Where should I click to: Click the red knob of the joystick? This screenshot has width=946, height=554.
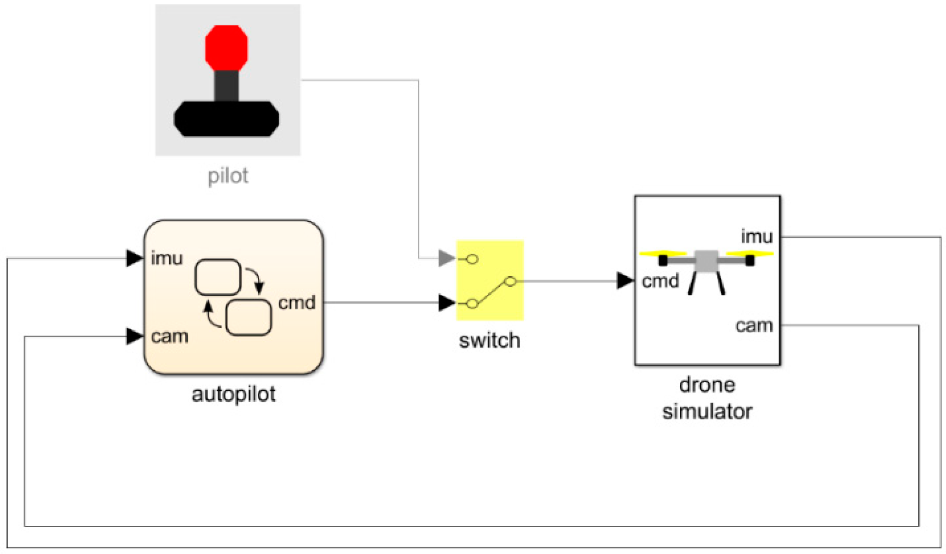pyautogui.click(x=226, y=48)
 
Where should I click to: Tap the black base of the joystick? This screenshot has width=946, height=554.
pyautogui.click(x=226, y=119)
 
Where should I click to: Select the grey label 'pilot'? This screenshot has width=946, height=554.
pyautogui.click(x=228, y=176)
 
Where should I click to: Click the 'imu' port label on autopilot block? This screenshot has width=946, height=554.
pyautogui.click(x=167, y=258)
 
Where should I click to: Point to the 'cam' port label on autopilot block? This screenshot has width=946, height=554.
pyautogui.click(x=169, y=336)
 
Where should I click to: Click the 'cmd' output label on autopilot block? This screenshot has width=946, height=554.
pyautogui.click(x=297, y=303)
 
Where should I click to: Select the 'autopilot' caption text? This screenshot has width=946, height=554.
pyautogui.click(x=233, y=393)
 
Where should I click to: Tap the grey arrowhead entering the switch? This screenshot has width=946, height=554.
pyautogui.click(x=446, y=258)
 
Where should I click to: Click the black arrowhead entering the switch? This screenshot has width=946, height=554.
pyautogui.click(x=446, y=303)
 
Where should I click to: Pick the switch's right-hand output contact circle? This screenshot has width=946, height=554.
pyautogui.click(x=510, y=281)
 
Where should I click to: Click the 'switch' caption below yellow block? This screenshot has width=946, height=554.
pyautogui.click(x=489, y=340)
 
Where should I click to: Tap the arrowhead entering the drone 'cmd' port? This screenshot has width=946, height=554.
pyautogui.click(x=625, y=281)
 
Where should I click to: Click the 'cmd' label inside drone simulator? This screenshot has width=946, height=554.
pyautogui.click(x=660, y=281)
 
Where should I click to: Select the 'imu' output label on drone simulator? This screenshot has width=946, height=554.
pyautogui.click(x=757, y=237)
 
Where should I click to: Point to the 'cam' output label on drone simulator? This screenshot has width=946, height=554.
pyautogui.click(x=754, y=325)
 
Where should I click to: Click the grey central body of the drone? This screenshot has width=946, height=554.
pyautogui.click(x=706, y=261)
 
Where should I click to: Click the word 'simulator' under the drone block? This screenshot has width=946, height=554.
pyautogui.click(x=707, y=411)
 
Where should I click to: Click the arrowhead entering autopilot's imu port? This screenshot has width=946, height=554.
pyautogui.click(x=134, y=258)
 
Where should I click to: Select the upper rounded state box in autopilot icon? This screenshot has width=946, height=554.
pyautogui.click(x=217, y=277)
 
